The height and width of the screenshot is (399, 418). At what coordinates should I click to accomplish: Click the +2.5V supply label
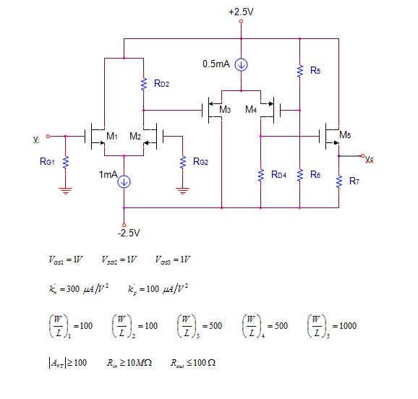[x=241, y=12]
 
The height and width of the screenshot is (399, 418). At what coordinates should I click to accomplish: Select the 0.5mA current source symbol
[x=242, y=64]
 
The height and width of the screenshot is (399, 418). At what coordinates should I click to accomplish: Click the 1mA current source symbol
[x=124, y=181]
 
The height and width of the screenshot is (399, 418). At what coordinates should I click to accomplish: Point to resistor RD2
[x=143, y=85]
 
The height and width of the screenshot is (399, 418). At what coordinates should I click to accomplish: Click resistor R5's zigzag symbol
[x=299, y=71]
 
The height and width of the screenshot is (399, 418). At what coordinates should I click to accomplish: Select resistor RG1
[x=66, y=163]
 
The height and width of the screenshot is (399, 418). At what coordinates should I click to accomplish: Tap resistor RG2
[x=182, y=163]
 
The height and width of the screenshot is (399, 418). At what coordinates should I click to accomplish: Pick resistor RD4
[x=260, y=175]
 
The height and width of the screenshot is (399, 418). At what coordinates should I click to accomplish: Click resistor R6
[x=299, y=175]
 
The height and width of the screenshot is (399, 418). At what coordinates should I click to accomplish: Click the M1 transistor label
[x=111, y=135]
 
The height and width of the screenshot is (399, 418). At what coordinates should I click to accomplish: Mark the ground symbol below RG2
[x=182, y=191]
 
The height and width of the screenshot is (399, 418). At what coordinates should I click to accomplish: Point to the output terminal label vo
[x=370, y=157]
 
